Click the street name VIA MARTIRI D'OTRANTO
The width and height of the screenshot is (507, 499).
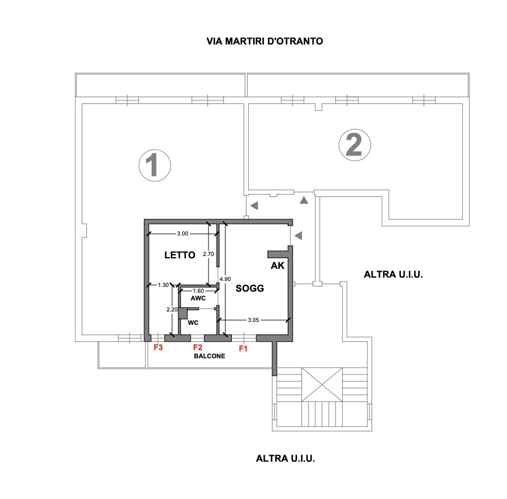(265, 41)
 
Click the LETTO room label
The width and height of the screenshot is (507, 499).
(180, 255)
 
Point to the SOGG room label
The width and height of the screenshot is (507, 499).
(249, 288)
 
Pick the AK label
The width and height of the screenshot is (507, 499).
(277, 265)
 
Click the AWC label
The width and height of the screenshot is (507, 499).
(198, 298)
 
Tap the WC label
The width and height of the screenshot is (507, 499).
(193, 323)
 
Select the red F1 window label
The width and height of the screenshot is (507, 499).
(243, 348)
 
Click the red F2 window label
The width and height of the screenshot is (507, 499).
(197, 347)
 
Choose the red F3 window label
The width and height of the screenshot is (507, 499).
(158, 347)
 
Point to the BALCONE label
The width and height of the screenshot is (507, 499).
(210, 356)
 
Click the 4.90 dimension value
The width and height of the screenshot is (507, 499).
(225, 279)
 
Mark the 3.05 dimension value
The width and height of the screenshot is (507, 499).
(254, 320)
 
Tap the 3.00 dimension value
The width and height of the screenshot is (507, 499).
(183, 234)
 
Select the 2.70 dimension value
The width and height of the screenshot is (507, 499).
(209, 254)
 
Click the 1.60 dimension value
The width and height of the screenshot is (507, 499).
(198, 291)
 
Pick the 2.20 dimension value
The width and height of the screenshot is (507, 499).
(172, 310)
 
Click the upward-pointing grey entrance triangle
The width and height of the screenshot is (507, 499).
(304, 200)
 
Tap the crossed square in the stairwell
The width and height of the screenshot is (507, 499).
(322, 384)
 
